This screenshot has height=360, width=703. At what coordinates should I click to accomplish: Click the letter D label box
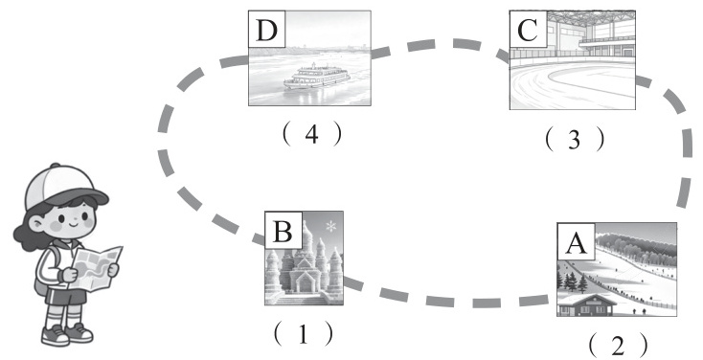coord(267,29)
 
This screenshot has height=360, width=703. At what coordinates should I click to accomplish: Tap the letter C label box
coord(528,30)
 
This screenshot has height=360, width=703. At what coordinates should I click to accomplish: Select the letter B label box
coord(283,230)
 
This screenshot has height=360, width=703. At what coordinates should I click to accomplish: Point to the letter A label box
coord(577,241)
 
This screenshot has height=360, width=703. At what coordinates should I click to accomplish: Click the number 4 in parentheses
coord(312,134)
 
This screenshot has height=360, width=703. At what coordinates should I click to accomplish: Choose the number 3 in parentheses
coord(575,140)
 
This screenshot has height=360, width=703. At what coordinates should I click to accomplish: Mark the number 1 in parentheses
coord(304,334)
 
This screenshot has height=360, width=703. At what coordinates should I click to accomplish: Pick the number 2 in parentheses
coord(618,346)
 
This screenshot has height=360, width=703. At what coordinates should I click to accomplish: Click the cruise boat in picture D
coord(316,77)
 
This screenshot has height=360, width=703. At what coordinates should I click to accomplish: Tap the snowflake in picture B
coord(330,226)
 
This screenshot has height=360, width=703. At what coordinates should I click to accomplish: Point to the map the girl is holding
coord(96,268)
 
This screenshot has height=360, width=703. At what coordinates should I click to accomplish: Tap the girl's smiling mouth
coord(73,222)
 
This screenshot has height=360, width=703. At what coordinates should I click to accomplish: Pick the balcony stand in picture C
coord(606,42)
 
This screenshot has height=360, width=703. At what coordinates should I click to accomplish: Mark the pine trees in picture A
coord(572,281)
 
